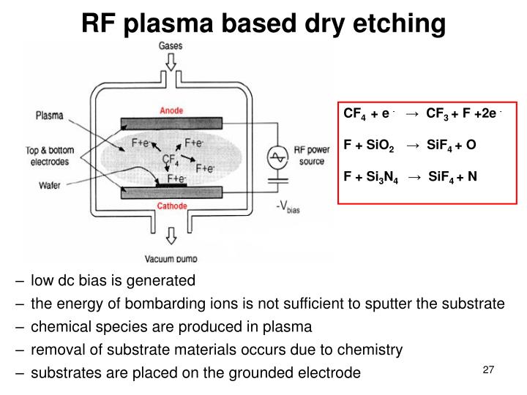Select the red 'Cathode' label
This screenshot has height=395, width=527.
[172, 206]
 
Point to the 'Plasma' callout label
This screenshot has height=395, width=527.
[49, 115]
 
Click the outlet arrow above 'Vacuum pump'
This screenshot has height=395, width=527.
[171, 236]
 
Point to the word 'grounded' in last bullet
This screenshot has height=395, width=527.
[270, 372]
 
